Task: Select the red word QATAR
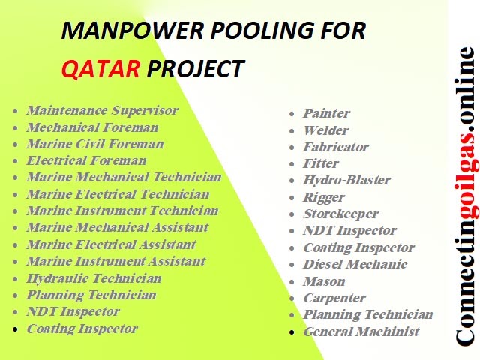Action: click(x=100, y=69)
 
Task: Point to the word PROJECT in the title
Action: click(x=196, y=69)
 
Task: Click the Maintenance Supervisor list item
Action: click(x=102, y=111)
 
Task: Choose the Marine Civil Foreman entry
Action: click(x=94, y=144)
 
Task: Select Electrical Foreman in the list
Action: click(x=86, y=160)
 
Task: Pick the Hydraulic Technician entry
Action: click(x=94, y=278)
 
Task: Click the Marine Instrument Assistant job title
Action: click(x=115, y=261)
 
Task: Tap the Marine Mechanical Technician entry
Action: click(x=124, y=178)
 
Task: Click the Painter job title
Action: click(x=326, y=114)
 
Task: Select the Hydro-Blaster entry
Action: click(x=346, y=181)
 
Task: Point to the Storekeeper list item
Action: click(x=340, y=214)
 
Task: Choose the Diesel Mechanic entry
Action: click(x=355, y=264)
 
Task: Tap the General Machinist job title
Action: click(x=361, y=331)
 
